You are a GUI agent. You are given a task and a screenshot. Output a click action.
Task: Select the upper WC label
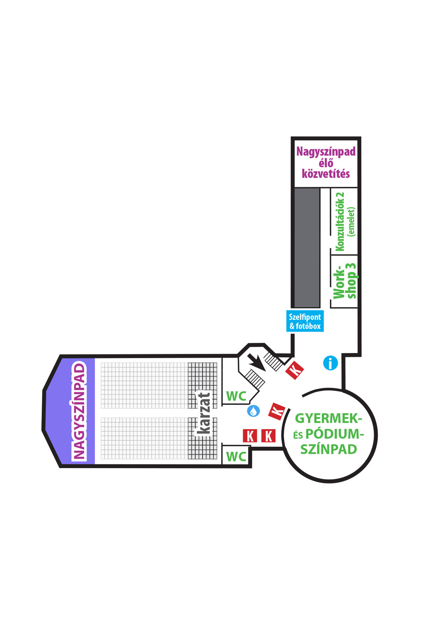coord(236,396)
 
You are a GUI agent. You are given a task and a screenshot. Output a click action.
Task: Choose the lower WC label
coord(236,456)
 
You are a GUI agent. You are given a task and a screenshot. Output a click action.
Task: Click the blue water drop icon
coord(253,411)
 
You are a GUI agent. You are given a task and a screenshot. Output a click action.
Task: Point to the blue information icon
coord(330,362)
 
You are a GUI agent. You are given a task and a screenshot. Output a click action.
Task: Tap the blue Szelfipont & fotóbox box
coord(305,321)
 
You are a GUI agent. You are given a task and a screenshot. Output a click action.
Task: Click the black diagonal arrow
coord(256,362)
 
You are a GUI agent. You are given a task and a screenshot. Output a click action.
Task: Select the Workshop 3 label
coord(345,281)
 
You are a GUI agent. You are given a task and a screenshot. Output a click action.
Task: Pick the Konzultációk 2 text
coord(340,222)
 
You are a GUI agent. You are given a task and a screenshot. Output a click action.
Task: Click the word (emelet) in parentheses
coord(351,222)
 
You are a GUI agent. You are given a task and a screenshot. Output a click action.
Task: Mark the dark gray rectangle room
coord(307,248)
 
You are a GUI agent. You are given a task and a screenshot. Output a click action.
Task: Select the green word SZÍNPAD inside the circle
coord(328,449)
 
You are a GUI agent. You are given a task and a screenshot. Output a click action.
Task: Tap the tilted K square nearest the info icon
coord(295,370)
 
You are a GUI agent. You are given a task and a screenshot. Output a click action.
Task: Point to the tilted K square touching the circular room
coord(277,411)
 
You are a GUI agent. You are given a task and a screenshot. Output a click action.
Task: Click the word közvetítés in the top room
coord(326,174)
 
